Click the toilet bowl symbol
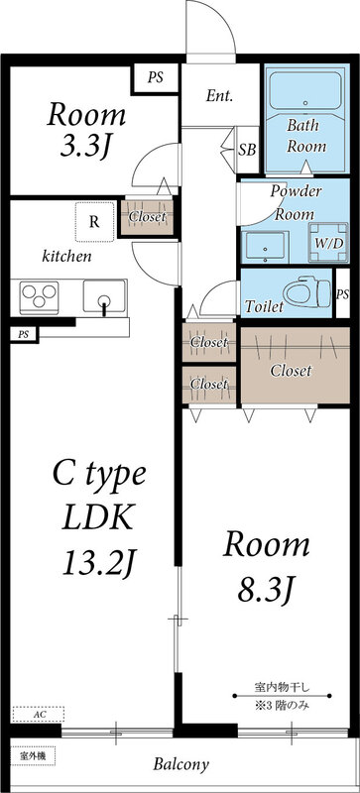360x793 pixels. (x=306, y=292)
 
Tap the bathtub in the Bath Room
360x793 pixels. (x=304, y=90)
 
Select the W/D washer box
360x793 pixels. (x=328, y=242)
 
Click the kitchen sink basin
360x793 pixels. (x=104, y=296)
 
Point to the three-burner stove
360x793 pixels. (x=39, y=296)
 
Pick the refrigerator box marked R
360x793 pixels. (x=94, y=221)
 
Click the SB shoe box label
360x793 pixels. (x=247, y=150)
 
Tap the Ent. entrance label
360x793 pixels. (x=219, y=96)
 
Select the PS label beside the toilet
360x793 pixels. (x=343, y=293)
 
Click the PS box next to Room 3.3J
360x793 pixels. (x=156, y=78)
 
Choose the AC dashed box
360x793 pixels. (x=39, y=714)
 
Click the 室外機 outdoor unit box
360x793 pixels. (x=33, y=756)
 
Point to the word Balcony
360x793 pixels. (x=181, y=764)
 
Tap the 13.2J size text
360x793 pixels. (x=100, y=563)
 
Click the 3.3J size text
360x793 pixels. (x=86, y=146)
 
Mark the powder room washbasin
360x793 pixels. (x=265, y=247)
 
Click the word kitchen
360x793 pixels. (x=66, y=256)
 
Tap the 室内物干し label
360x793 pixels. (x=282, y=687)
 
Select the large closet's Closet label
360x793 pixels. (x=291, y=371)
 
